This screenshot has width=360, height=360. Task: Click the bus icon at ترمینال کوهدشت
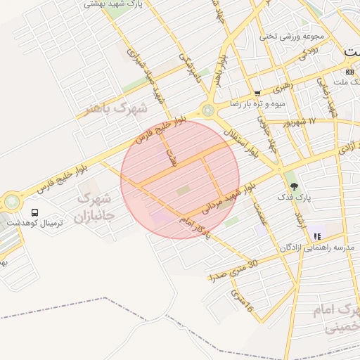[35, 212]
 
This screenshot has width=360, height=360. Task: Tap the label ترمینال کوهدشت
[35, 223]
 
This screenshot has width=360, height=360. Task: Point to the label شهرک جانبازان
[93, 207]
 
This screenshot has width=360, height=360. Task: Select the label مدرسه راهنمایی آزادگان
[317, 247]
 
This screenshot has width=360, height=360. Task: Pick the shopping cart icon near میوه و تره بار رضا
[257, 93]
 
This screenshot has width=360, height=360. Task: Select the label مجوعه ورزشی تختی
[285, 37]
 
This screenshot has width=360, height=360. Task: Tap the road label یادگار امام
[194, 229]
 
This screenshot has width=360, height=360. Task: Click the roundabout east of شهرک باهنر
[208, 110]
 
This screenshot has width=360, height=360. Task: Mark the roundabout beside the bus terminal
[12, 202]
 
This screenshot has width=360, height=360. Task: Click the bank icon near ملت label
[350, 72]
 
